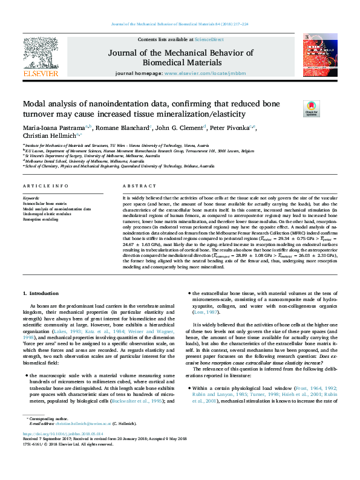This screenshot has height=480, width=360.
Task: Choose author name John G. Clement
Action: click(x=179, y=128)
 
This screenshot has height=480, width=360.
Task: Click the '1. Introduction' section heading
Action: click(x=41, y=293)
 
